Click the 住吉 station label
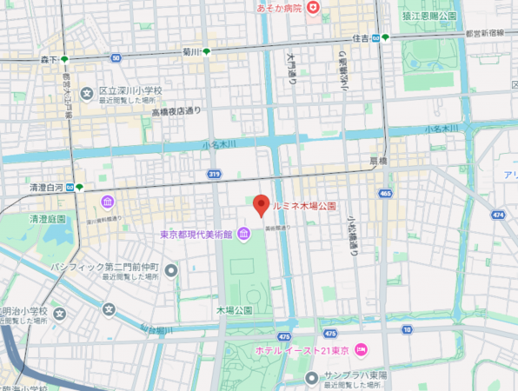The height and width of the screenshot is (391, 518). point(361,38)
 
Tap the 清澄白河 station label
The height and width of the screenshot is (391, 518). point(51,186)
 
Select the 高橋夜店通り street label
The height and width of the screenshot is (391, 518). point(176,111)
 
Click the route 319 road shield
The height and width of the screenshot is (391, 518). point(214,174)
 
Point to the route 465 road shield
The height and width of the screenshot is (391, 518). point(385,194)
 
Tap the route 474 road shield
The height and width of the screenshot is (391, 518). point(497,214)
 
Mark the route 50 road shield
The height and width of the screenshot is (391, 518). point(116,58)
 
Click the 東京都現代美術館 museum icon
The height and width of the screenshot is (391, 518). point(244,233)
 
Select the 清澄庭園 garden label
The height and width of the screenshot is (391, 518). point(53,219)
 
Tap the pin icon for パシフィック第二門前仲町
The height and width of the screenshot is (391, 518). point(171,270)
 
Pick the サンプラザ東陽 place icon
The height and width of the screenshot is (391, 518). point(312,377)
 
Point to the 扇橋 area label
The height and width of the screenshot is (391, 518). point(378,161)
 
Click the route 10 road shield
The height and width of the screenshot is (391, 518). point(407,329)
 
